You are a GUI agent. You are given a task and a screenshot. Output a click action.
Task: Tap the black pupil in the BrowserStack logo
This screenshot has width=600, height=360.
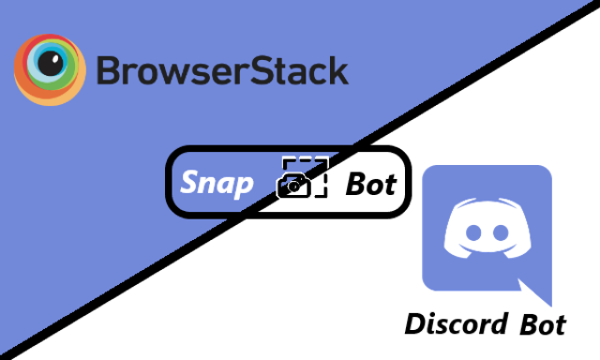tap(49, 65)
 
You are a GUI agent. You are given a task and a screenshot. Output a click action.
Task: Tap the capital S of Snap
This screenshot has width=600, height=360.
tap(190, 182)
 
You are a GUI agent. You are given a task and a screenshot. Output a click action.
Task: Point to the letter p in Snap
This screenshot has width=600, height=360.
tap(245, 186)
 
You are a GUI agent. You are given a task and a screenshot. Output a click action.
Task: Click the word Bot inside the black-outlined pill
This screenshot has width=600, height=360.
tap(370, 183)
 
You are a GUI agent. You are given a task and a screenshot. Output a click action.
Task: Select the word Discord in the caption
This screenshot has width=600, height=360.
tap(456, 324)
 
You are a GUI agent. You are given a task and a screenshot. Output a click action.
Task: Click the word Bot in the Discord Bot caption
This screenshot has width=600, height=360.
tap(543, 324)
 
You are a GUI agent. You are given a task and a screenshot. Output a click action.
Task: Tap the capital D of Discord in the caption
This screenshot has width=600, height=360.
tap(415, 324)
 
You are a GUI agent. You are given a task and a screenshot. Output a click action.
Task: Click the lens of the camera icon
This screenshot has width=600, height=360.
tap(294, 187)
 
